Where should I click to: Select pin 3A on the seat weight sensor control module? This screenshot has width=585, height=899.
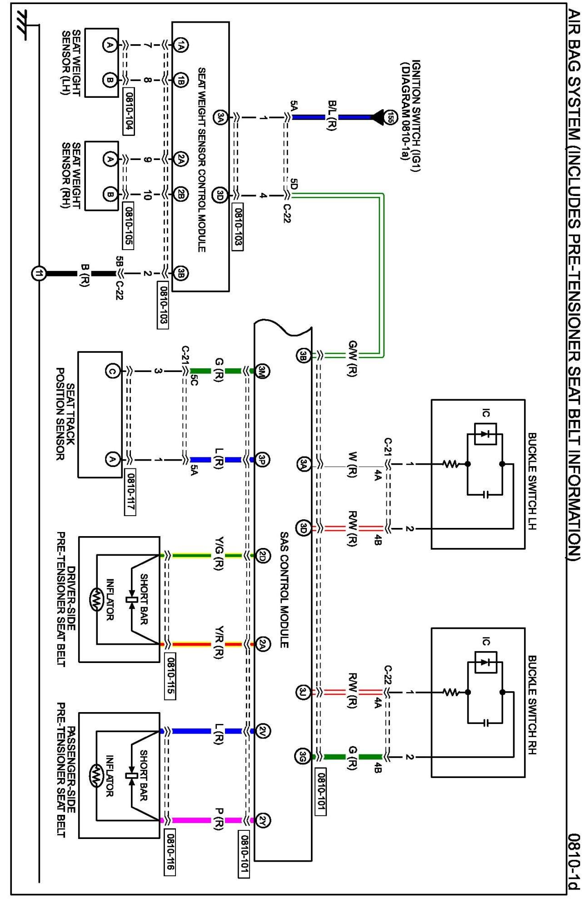[x=220, y=117]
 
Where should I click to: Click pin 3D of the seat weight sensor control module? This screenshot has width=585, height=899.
[x=220, y=196]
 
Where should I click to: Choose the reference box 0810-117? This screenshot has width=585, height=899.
[x=130, y=493]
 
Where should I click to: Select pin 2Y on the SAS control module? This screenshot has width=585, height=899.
[x=263, y=820]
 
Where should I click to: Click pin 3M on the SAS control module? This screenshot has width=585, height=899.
[x=262, y=371]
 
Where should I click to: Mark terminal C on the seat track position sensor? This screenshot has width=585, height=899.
[x=112, y=371]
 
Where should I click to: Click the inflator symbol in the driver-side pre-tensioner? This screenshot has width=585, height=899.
[x=97, y=599]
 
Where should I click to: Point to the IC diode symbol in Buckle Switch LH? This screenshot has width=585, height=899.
[x=485, y=434]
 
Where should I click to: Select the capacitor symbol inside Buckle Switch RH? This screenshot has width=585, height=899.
[x=485, y=723]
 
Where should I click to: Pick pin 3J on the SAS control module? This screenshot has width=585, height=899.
[x=303, y=693]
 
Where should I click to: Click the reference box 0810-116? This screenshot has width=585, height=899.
[x=169, y=852]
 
